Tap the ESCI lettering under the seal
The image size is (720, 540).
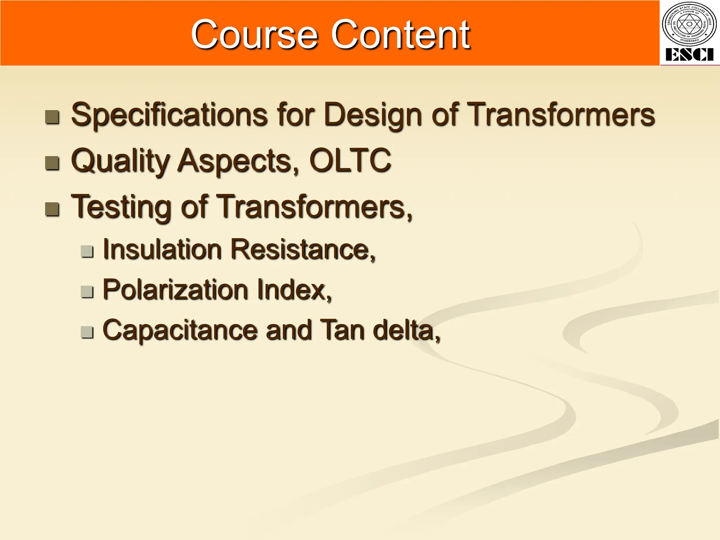pyautogui.click(x=689, y=55)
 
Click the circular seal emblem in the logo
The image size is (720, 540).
pyautogui.click(x=689, y=24)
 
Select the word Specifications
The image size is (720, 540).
pyautogui.click(x=169, y=115)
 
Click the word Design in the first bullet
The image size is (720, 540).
pyautogui.click(x=373, y=115)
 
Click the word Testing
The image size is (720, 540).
pyautogui.click(x=122, y=207)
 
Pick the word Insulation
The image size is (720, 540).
pyautogui.click(x=162, y=249)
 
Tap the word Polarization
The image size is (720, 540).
pyautogui.click(x=175, y=290)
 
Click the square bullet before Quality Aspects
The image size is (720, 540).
pyautogui.click(x=52, y=163)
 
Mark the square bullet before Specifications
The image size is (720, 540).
pyautogui.click(x=52, y=117)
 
